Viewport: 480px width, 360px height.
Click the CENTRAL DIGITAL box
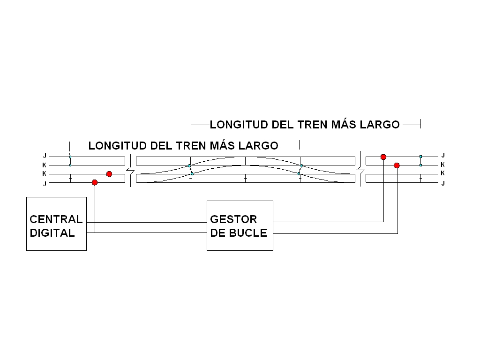click(x=56, y=224)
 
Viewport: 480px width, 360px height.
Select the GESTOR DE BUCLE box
click(x=240, y=225)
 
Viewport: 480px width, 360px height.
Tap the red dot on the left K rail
click(x=109, y=174)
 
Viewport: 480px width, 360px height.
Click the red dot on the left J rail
click(x=95, y=182)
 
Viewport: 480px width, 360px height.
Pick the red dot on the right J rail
click(x=383, y=157)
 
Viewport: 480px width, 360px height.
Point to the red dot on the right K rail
click(x=397, y=165)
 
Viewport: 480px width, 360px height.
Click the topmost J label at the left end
click(x=45, y=156)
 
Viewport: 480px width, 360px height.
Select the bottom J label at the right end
click(x=443, y=183)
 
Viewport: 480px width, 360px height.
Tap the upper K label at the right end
click(x=442, y=165)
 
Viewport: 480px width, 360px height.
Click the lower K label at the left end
click(x=45, y=173)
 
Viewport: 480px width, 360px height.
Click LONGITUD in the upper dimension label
click(x=239, y=125)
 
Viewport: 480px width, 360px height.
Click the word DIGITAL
click(x=52, y=233)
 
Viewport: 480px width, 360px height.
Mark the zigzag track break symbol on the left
click(x=131, y=171)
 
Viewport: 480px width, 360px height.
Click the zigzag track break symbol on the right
click(x=360, y=169)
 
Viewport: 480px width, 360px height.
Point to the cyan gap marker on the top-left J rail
click(x=70, y=157)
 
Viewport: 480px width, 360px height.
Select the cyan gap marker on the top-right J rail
click(x=420, y=157)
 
